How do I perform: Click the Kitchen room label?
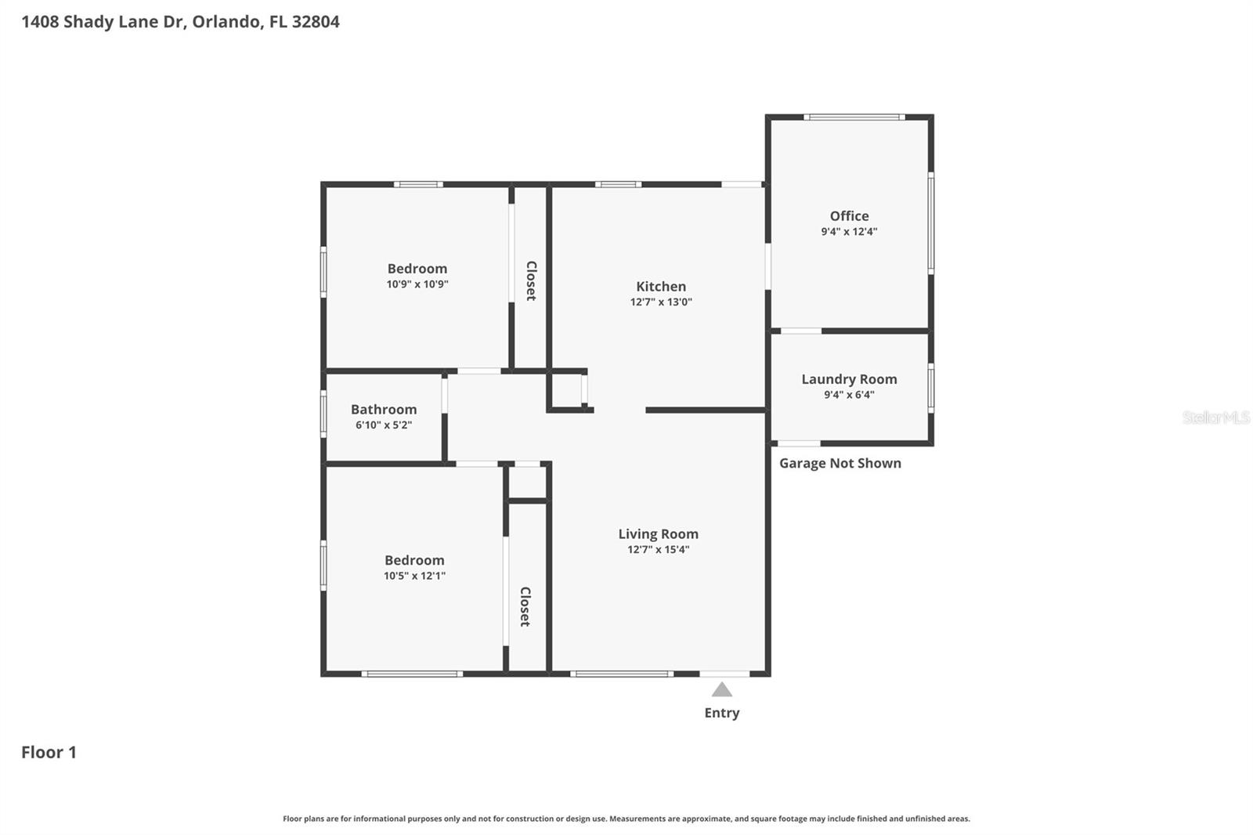(661, 287)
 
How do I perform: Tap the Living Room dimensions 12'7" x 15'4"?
(659, 549)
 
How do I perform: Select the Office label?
(849, 216)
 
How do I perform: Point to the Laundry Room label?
(849, 379)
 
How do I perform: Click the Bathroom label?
(384, 410)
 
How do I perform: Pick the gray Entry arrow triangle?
(721, 689)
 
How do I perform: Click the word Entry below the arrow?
(721, 713)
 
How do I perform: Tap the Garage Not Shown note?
(840, 464)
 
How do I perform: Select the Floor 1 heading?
(49, 752)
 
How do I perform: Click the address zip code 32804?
(316, 22)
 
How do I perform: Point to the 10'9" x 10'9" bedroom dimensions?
(417, 284)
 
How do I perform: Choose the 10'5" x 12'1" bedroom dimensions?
(414, 575)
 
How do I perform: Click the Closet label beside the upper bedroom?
(532, 281)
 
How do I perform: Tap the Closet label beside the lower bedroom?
(525, 606)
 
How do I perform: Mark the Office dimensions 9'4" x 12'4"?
(849, 231)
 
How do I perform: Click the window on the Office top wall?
(854, 117)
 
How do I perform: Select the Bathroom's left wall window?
(323, 414)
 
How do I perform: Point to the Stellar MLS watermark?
(1216, 417)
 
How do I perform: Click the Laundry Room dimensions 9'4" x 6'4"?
(849, 395)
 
